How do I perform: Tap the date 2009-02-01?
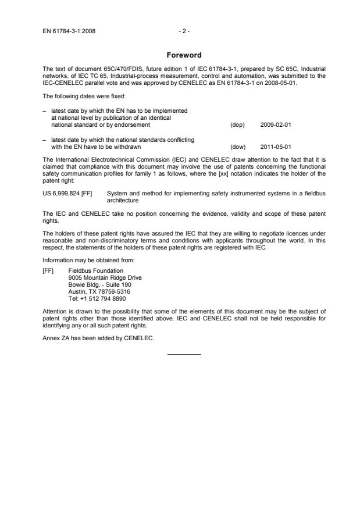[x=275, y=124]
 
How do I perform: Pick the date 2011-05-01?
[x=275, y=147]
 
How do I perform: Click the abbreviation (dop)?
[x=237, y=124]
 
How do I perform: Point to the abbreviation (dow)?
[x=238, y=147]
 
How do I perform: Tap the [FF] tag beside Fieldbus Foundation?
[x=49, y=270]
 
